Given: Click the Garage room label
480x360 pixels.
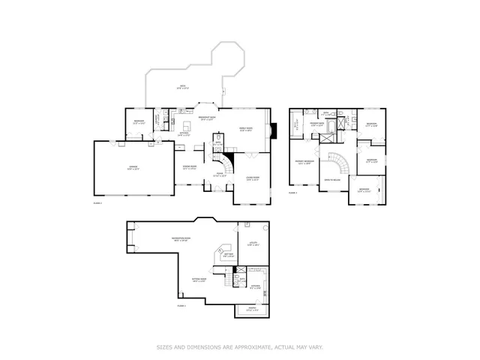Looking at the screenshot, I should coord(132,167).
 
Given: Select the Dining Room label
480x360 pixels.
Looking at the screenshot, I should coord(190,167).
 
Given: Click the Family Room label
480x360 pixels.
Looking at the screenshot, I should coord(245,128).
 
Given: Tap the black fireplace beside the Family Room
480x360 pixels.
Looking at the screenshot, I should coord(273,130).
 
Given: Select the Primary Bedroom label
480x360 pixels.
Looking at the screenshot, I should coord(304,162).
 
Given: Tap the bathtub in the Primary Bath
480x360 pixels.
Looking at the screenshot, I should coord(326,136).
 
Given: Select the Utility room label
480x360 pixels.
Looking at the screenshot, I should coord(253,244).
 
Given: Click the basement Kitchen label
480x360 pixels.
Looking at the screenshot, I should coord(254,286).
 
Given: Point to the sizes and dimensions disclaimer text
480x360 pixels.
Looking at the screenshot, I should coord(239,346).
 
